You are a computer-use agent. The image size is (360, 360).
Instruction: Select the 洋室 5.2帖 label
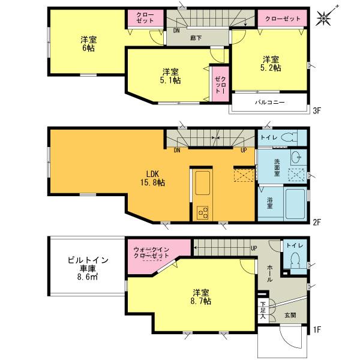point(270,64)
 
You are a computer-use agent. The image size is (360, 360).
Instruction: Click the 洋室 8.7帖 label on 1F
point(201,297)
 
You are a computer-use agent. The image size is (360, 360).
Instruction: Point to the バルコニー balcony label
point(269,103)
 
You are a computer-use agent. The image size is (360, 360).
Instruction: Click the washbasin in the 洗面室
point(295,158)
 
